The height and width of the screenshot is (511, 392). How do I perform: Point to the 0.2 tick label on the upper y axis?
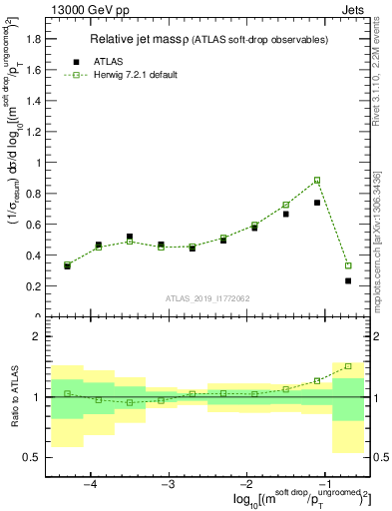pyautogui.click(x=32, y=286)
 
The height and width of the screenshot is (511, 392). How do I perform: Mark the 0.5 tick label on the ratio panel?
pyautogui.click(x=32, y=457)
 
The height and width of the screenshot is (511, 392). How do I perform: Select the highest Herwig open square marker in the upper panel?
pyautogui.click(x=317, y=181)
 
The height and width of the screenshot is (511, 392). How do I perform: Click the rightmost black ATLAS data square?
pyautogui.click(x=348, y=280)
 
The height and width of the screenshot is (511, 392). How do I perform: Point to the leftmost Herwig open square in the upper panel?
pyautogui.click(x=67, y=264)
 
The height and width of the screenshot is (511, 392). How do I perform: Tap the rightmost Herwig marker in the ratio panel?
pyautogui.click(x=348, y=366)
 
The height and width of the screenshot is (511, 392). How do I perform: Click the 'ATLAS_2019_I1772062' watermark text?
pyautogui.click(x=206, y=297)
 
